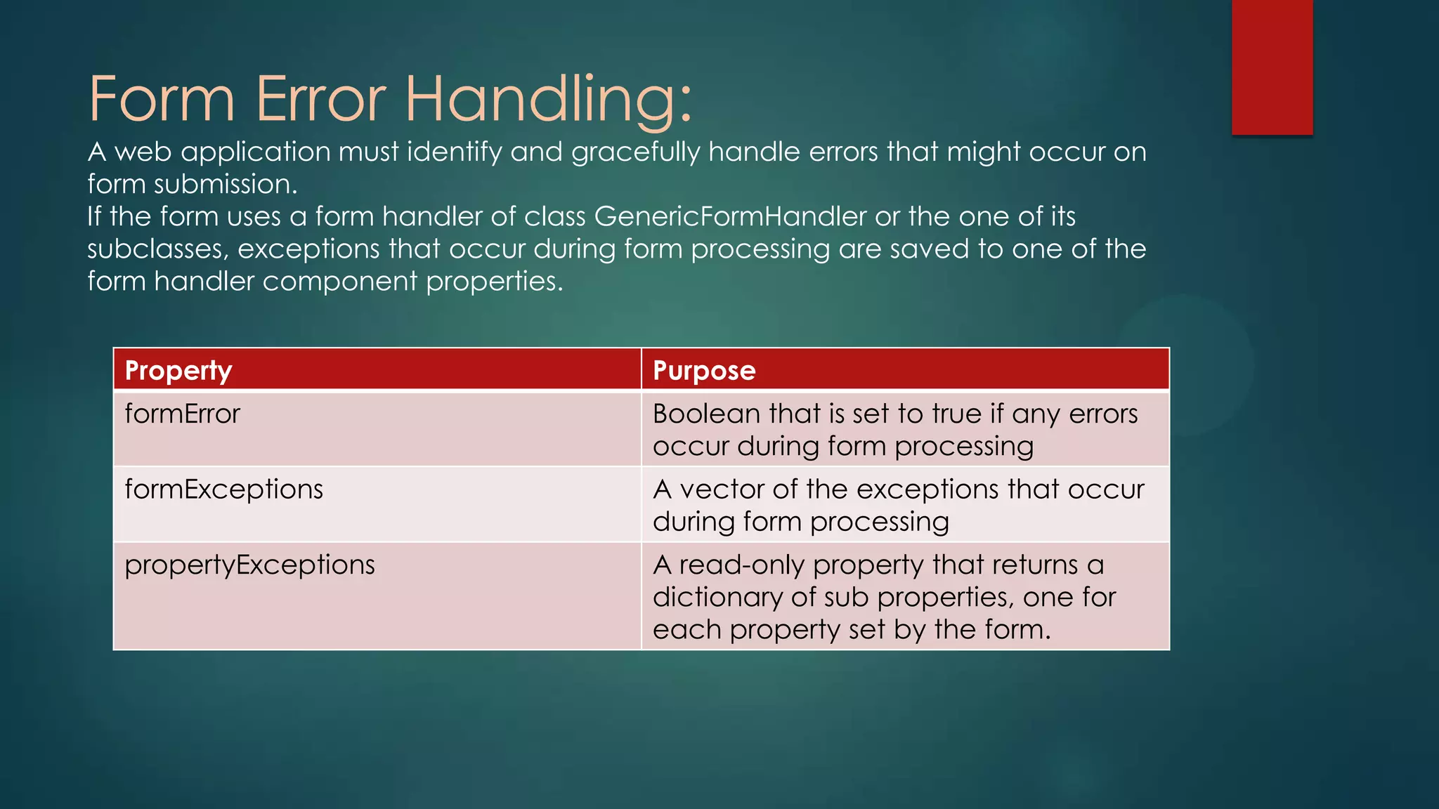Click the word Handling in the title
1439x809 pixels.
click(x=548, y=100)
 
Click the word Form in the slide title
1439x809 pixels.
click(x=161, y=100)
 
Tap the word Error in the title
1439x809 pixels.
click(x=320, y=100)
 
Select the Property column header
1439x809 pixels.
click(x=178, y=370)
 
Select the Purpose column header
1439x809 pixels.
click(x=704, y=370)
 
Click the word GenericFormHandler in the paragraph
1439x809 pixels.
click(x=730, y=216)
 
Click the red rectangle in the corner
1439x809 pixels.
click(x=1272, y=67)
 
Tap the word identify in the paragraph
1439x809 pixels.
click(x=454, y=152)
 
